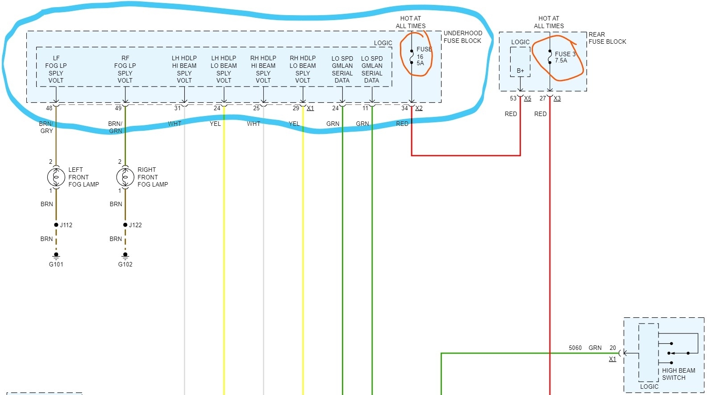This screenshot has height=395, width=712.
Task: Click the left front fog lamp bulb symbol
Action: click(x=56, y=177)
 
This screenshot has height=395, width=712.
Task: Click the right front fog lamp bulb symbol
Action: click(x=125, y=177)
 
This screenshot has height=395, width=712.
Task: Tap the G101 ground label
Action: click(x=56, y=264)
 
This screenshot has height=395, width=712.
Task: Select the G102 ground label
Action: click(x=125, y=264)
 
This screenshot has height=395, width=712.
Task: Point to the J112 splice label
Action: click(x=66, y=225)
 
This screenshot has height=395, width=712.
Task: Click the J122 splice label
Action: click(x=135, y=225)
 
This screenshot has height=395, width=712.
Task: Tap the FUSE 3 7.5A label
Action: click(x=564, y=57)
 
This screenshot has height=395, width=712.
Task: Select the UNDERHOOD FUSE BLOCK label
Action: click(x=462, y=37)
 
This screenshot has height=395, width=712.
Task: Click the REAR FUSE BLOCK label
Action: click(x=607, y=38)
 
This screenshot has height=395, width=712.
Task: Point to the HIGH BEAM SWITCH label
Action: click(x=678, y=374)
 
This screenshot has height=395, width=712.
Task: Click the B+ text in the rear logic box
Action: click(x=520, y=71)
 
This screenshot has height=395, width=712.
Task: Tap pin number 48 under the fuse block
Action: click(x=49, y=108)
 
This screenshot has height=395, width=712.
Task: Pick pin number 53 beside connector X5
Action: click(x=513, y=98)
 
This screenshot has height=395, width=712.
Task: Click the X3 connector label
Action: click(x=557, y=98)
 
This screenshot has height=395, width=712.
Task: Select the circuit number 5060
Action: click(x=575, y=348)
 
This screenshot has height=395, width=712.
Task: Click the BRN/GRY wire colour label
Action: click(x=46, y=127)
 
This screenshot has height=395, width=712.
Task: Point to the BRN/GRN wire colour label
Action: click(x=115, y=127)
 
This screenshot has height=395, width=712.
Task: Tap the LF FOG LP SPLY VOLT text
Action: click(x=56, y=69)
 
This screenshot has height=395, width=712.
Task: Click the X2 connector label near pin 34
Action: click(x=419, y=108)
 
